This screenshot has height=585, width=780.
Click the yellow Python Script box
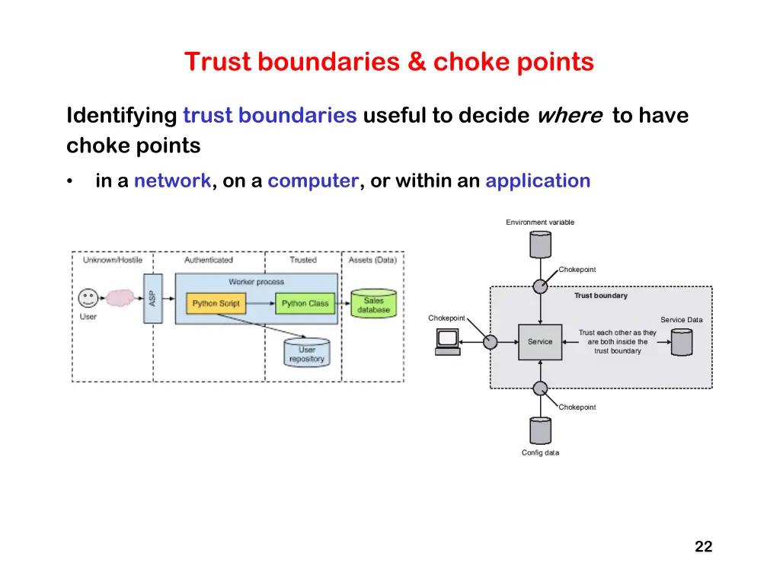coord(216,303)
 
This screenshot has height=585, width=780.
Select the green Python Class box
coord(305,303)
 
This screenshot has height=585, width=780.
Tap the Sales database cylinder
coord(373,303)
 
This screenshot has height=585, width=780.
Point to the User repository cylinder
coord(307,353)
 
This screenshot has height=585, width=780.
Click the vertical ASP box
coord(152,299)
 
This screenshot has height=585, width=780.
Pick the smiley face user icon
coord(88,299)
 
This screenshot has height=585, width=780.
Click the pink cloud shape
coord(120,298)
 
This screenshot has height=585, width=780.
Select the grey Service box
coord(540,342)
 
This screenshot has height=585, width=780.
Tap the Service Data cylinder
coord(682,342)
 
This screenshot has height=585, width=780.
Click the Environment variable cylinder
coord(540,245)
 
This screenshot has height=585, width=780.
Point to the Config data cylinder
coord(540,430)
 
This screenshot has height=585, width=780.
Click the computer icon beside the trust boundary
coord(448,342)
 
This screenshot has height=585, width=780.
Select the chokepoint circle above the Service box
coord(540,286)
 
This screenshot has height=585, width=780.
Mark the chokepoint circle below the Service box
coord(540,388)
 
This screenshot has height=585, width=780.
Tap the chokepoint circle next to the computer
coord(490,342)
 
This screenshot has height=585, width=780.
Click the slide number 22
coord(703,547)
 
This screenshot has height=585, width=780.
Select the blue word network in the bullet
coord(172,181)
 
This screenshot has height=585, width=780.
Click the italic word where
coord(570,116)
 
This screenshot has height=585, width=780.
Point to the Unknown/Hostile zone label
coord(113,261)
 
